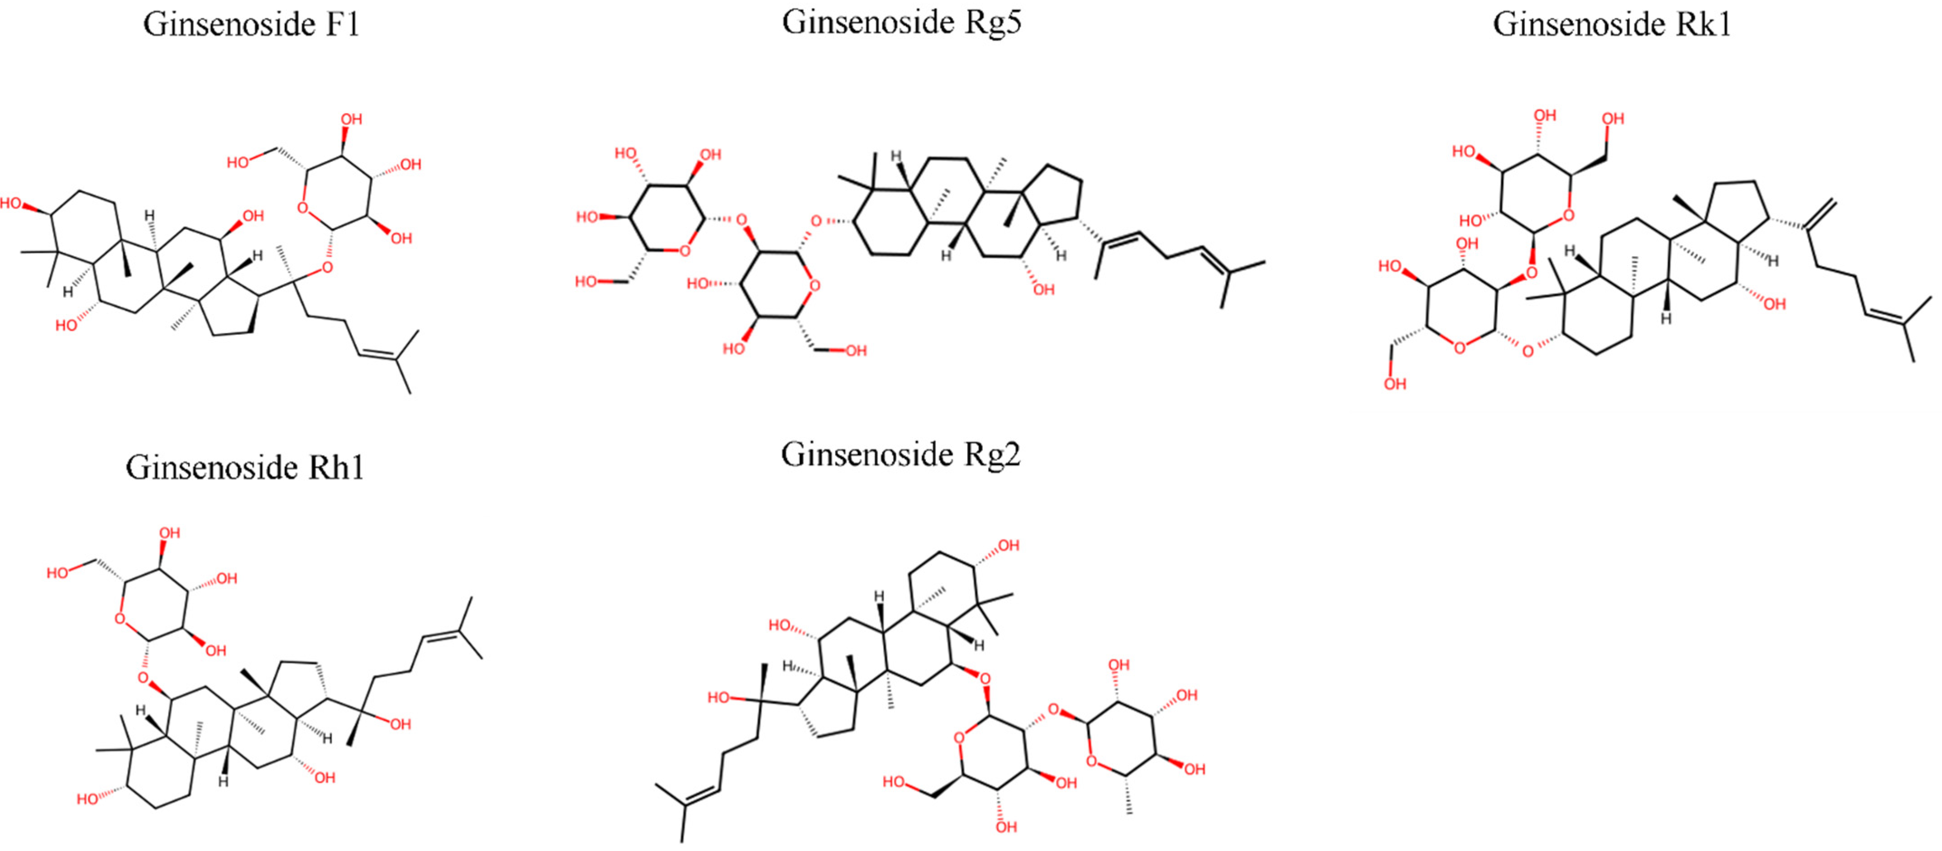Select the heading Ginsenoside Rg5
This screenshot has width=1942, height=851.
point(902,23)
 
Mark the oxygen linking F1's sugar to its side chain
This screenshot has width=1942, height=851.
point(326,267)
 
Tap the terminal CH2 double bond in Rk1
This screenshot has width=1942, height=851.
point(1821,213)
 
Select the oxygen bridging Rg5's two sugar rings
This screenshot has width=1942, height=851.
point(742,221)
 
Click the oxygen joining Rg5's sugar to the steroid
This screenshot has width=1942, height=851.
point(816,221)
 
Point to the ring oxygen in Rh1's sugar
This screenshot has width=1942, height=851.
point(120,620)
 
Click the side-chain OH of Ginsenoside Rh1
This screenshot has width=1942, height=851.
point(400,724)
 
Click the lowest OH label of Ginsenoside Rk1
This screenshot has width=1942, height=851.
point(1395,385)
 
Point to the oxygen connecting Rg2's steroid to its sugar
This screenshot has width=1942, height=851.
point(985,679)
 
